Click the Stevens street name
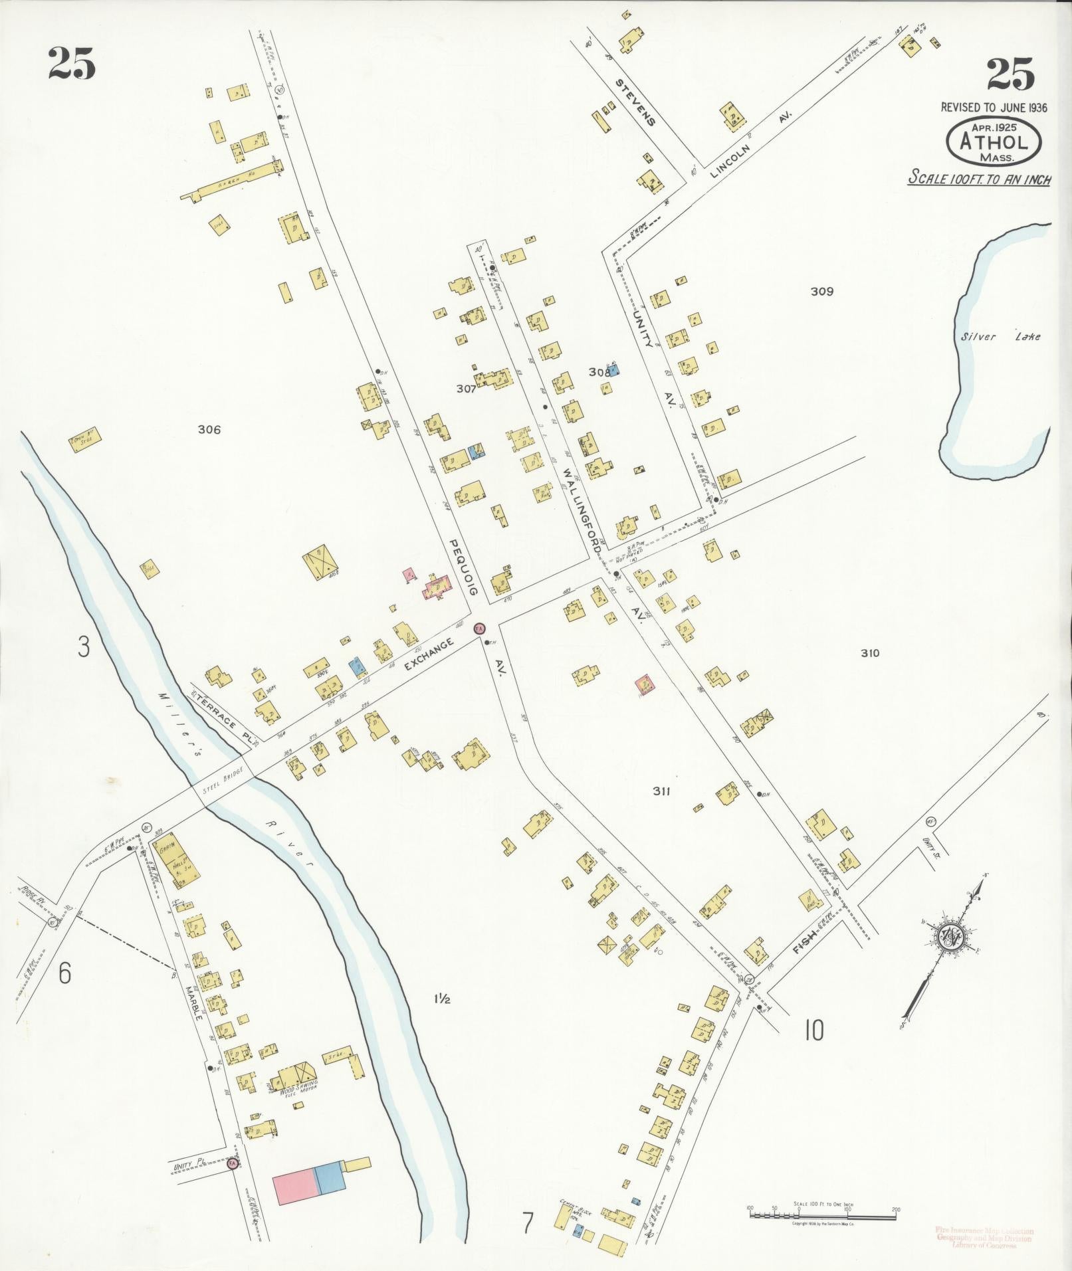635,103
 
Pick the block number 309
821,291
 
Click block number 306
209,430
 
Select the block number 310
869,653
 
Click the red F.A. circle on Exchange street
479,628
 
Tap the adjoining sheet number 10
813,1030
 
